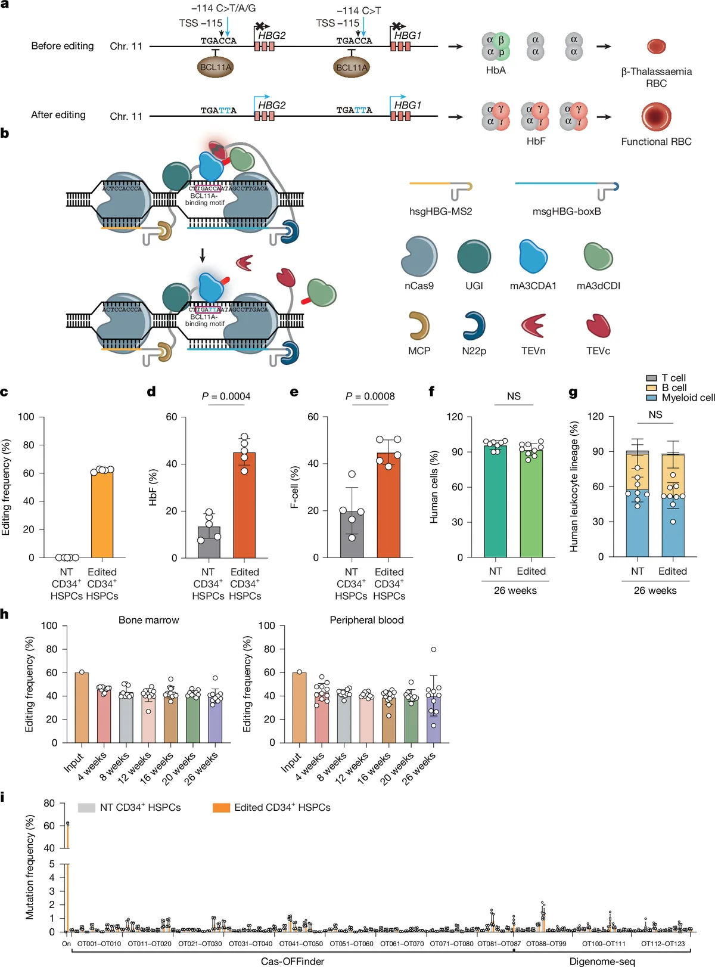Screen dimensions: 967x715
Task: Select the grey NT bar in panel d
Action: point(209,542)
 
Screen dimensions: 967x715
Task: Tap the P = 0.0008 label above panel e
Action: point(370,396)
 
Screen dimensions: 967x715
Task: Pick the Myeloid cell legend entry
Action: point(688,398)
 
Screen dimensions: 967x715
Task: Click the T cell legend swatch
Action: point(652,378)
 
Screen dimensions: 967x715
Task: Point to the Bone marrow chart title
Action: point(148,620)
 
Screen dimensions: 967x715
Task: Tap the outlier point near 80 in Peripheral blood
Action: point(434,649)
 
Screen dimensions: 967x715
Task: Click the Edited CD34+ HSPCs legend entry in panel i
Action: point(282,807)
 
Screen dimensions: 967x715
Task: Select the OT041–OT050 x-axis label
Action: point(301,944)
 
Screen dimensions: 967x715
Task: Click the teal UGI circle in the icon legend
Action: point(474,256)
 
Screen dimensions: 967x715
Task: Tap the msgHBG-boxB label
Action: point(566,211)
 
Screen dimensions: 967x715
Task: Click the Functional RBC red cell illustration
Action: point(656,116)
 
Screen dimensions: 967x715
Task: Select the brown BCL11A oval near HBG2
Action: point(215,67)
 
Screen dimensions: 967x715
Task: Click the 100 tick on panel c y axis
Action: point(26,417)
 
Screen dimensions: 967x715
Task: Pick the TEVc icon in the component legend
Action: point(598,326)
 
